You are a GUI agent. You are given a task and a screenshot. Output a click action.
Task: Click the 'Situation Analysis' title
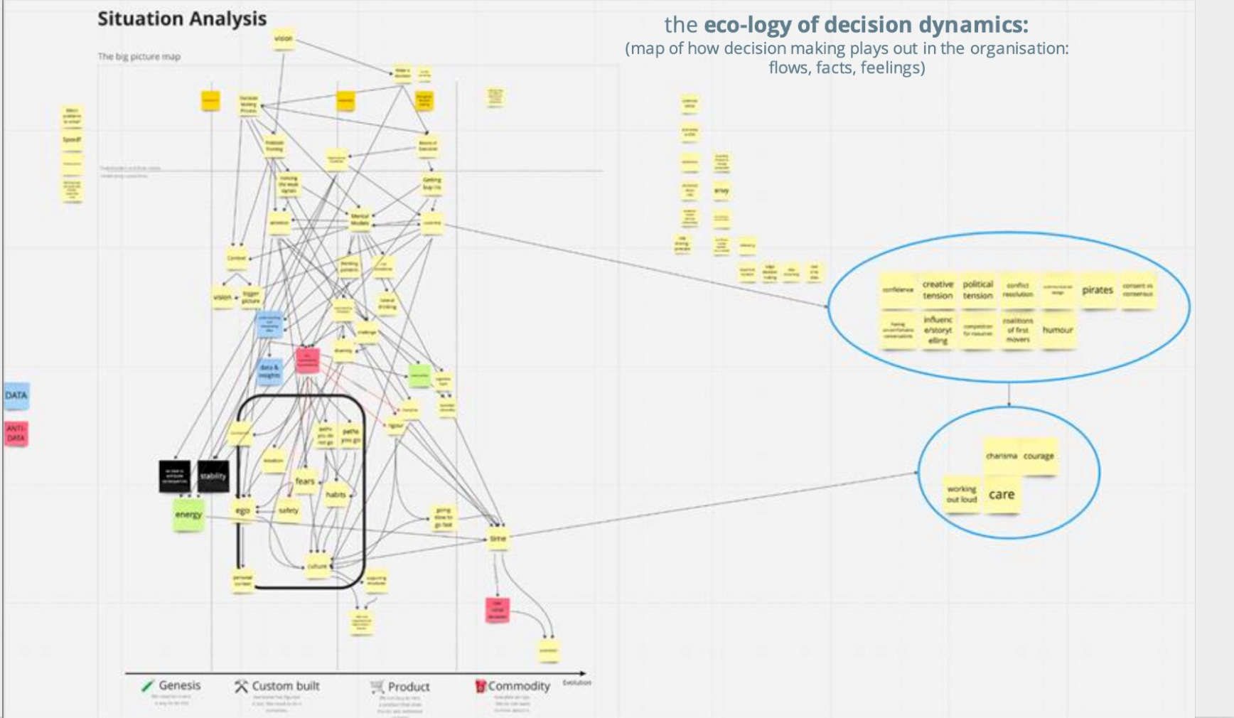coord(182,19)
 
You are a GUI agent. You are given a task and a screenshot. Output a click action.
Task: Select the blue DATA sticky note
coord(16,396)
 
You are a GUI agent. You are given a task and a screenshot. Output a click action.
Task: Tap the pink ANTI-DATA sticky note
coord(16,433)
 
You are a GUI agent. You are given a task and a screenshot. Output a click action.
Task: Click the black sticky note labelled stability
coord(213,476)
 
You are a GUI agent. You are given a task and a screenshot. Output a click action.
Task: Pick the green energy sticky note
coord(188,515)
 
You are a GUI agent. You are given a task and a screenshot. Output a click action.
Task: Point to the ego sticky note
coord(242,510)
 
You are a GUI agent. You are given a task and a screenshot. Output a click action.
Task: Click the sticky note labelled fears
coord(305,481)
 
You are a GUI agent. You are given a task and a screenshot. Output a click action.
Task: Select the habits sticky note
coord(336,494)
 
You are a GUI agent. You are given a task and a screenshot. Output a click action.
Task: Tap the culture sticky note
coord(317,566)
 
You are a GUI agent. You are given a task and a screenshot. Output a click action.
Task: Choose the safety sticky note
coord(289,510)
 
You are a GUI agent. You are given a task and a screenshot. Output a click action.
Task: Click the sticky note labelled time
coord(498,538)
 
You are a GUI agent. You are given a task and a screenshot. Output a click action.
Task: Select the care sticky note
coord(1002,495)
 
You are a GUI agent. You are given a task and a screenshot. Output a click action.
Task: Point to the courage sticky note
coord(1039,456)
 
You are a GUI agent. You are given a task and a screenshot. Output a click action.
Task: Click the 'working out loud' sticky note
coord(962,494)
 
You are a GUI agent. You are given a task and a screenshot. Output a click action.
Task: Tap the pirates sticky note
coord(1097,290)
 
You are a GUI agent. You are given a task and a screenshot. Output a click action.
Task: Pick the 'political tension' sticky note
coord(977,290)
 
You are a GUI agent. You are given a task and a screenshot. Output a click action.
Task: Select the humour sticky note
coord(1057,330)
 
